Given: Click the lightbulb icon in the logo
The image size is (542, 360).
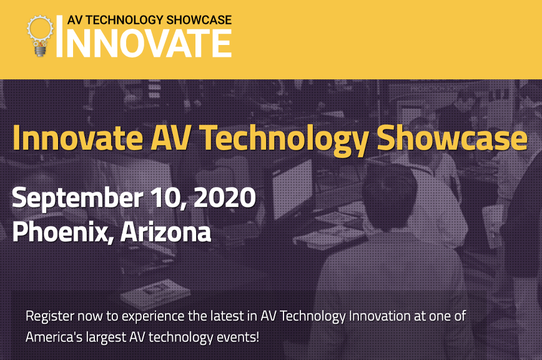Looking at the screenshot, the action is pos(40,36).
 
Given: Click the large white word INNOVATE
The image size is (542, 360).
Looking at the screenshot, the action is pos(144,43).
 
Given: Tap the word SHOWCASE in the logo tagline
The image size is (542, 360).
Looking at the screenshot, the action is pos(199,20).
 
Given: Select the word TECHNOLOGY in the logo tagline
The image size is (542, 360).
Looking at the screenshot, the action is pos(124,20).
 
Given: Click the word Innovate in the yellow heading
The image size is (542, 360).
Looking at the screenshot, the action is pos(78,138).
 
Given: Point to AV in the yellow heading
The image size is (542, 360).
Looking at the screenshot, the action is pos(170,138).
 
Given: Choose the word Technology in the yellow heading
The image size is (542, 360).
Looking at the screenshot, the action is pos(283,140).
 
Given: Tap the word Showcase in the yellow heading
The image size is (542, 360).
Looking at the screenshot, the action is pos(452,137).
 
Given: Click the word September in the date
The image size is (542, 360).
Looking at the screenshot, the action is pos(77,198).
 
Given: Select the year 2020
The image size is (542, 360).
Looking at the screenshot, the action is pos(225,197).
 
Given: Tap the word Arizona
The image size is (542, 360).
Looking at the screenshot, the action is pos(166,231).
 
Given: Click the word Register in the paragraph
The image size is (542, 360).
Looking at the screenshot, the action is pos(50,317).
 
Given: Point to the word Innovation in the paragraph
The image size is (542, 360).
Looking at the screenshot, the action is pos(380,316).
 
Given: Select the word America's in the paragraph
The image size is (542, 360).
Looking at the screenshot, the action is pos(54,337).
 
